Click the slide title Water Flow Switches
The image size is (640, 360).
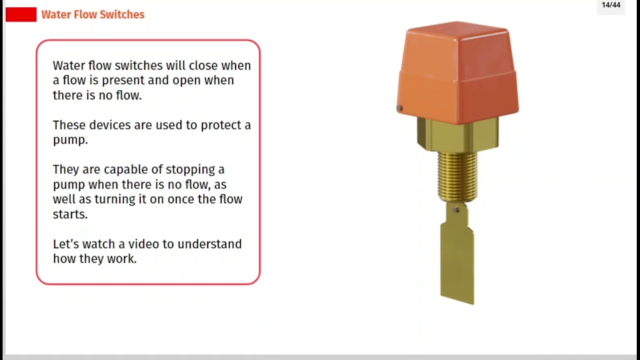[x=92, y=14]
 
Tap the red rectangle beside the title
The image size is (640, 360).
[x=21, y=14]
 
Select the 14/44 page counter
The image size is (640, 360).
[x=610, y=5]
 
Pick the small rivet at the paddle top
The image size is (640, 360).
[x=456, y=210]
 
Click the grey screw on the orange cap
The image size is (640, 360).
[x=399, y=108]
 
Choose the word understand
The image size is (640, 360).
[x=209, y=244]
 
